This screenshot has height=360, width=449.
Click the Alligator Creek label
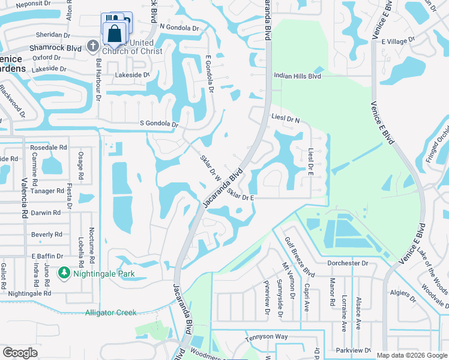point(110,313)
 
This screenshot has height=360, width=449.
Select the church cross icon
point(92,46)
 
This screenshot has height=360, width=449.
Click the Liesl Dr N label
point(285,119)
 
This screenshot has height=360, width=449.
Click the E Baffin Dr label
point(46,256)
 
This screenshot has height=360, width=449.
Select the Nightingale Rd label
point(30,293)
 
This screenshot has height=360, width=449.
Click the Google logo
point(20,353)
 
